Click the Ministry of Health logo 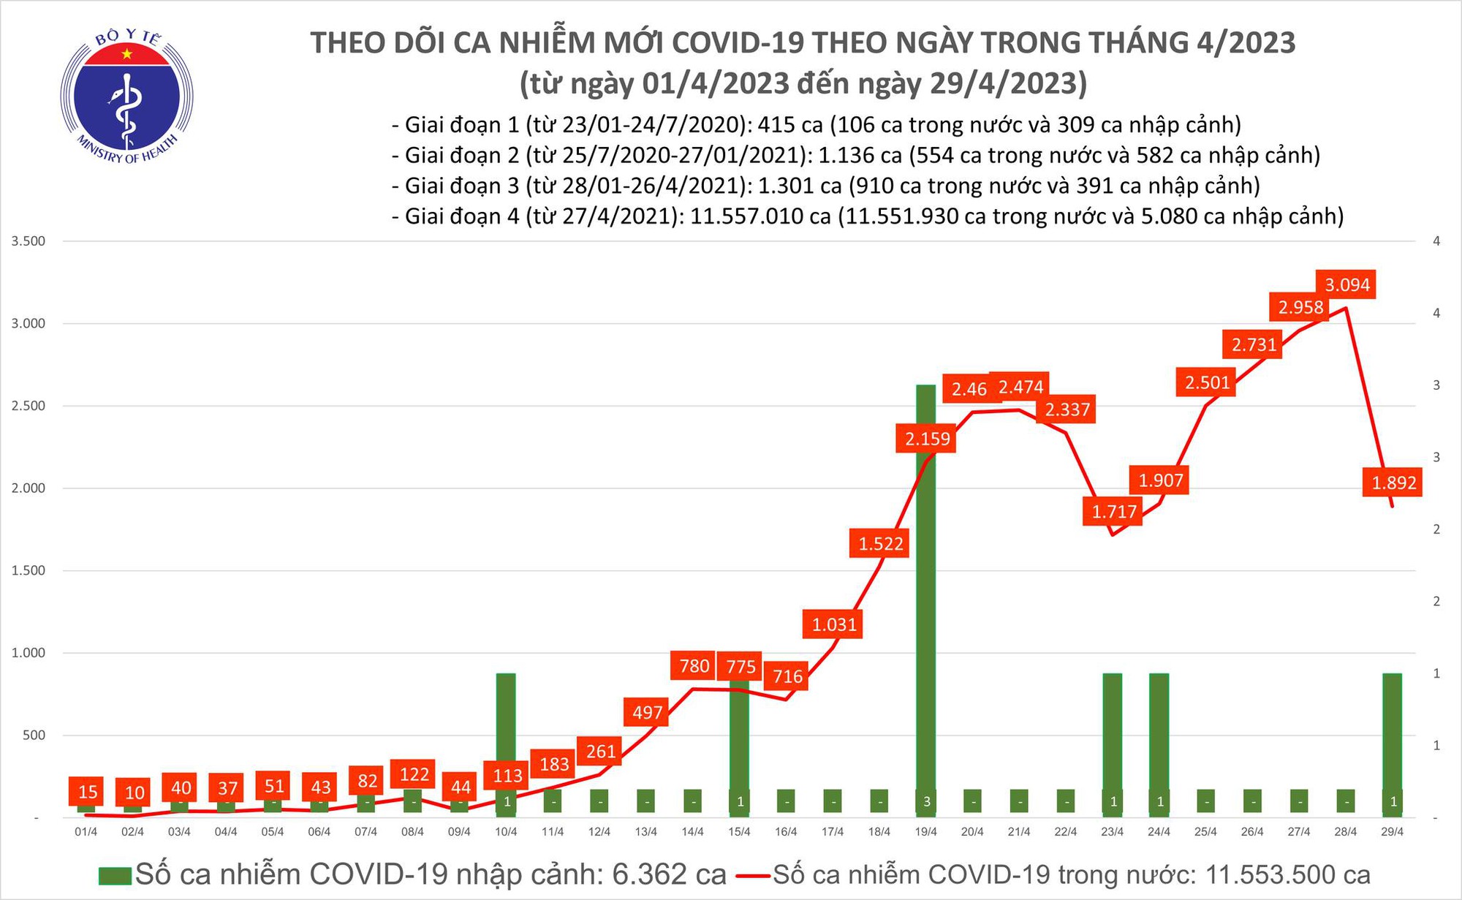coord(126,97)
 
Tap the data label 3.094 coord(1347,284)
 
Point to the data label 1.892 coord(1393,483)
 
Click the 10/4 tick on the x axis coord(506,832)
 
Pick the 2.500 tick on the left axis coord(28,406)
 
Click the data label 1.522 coord(880,543)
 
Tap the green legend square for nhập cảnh coord(115,876)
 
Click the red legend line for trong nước coord(753,876)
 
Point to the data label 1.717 coord(1113,512)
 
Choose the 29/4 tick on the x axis coord(1392,832)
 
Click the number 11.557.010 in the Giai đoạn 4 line coord(760,216)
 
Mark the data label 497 coord(647,712)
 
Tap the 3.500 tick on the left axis coord(28,241)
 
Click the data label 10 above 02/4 coord(134,792)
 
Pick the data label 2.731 coord(1253,344)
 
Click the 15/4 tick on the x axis coord(739,832)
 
